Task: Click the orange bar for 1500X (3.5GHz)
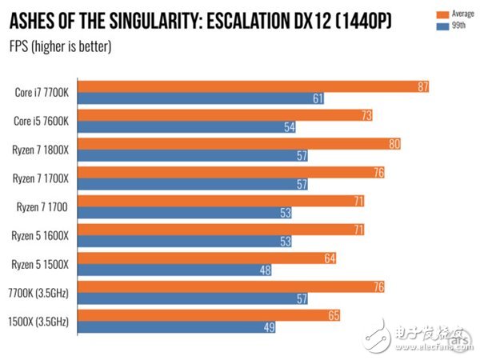[210, 316]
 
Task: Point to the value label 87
[423, 86]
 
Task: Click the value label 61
[318, 98]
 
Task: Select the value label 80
[394, 144]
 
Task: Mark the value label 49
[270, 328]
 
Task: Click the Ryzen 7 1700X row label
[42, 178]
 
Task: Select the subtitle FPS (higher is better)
[60, 46]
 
